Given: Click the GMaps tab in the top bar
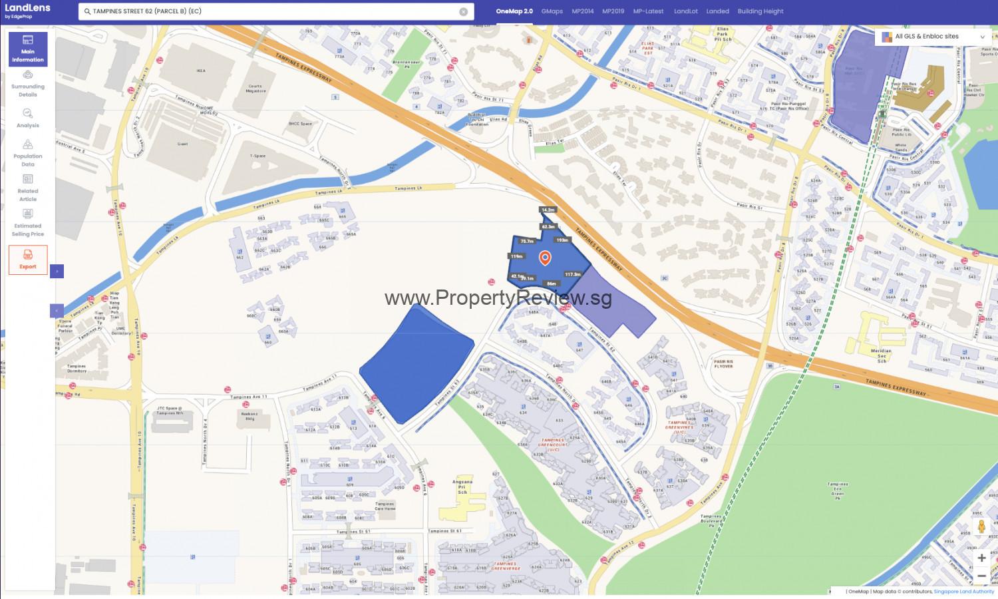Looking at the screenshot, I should [x=552, y=11].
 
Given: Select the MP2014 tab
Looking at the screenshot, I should [x=582, y=11].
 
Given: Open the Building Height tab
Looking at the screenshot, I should [x=760, y=11].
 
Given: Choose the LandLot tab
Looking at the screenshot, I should [x=685, y=11].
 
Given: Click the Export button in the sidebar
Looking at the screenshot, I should [x=28, y=260].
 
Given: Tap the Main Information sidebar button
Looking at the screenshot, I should [x=28, y=49].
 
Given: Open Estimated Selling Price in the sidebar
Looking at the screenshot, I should [x=28, y=222].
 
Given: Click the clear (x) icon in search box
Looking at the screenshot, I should [x=464, y=11].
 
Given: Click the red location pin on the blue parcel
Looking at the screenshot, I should [x=545, y=257].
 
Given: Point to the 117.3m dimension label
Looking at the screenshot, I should [x=572, y=274].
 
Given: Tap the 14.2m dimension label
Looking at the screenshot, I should [x=548, y=210].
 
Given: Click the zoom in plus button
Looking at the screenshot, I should [x=981, y=558].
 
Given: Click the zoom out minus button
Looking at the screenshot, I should [x=981, y=576].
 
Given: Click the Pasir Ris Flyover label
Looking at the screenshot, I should [x=723, y=364].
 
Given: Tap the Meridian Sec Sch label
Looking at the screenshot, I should [x=881, y=355].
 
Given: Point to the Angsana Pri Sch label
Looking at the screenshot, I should [x=462, y=487].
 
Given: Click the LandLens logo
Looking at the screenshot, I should [x=27, y=10].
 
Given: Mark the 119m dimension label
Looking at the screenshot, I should [x=516, y=256].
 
